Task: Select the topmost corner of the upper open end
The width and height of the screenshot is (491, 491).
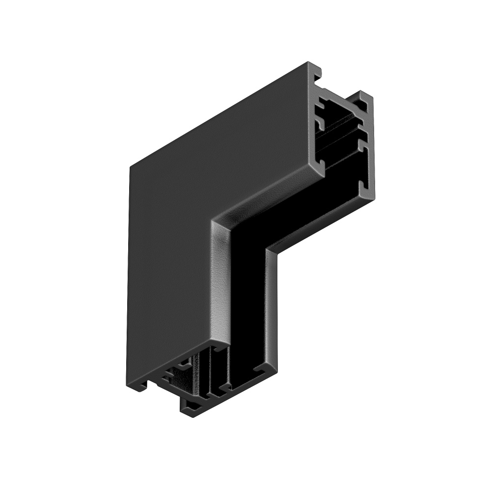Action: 308,63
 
